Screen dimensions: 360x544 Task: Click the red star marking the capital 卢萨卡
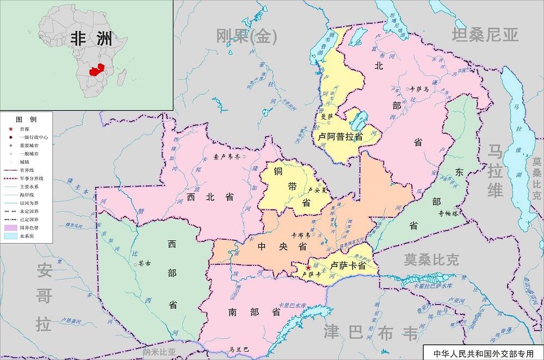pyautogui.click(x=308, y=268)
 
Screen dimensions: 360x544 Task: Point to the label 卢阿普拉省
pyautogui.click(x=341, y=136)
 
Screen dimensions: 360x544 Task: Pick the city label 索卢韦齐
pyautogui.click(x=227, y=157)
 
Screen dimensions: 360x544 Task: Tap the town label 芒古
pyautogui.click(x=144, y=264)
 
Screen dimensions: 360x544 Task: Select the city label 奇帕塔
pyautogui.click(x=449, y=214)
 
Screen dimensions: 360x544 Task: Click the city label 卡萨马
pyautogui.click(x=419, y=88)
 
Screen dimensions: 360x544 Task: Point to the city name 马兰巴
pyautogui.click(x=239, y=349)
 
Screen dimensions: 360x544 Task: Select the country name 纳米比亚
pyautogui.click(x=159, y=352)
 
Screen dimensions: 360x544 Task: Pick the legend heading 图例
pyautogui.click(x=26, y=119)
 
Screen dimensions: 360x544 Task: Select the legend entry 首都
pyautogui.click(x=24, y=129)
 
